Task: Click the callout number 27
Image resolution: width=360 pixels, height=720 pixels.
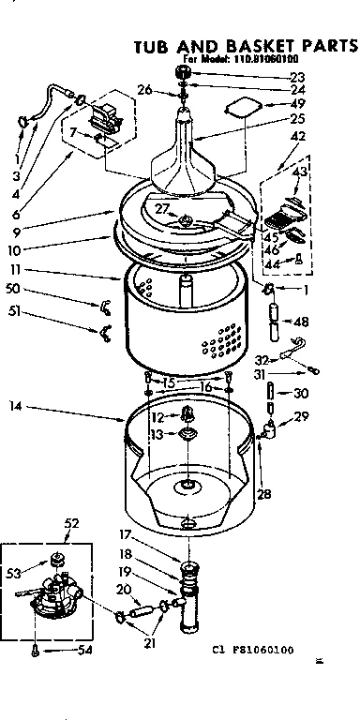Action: click(x=162, y=207)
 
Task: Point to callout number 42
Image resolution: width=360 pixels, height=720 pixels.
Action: click(x=299, y=136)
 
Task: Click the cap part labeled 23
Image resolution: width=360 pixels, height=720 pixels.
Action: click(x=184, y=74)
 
